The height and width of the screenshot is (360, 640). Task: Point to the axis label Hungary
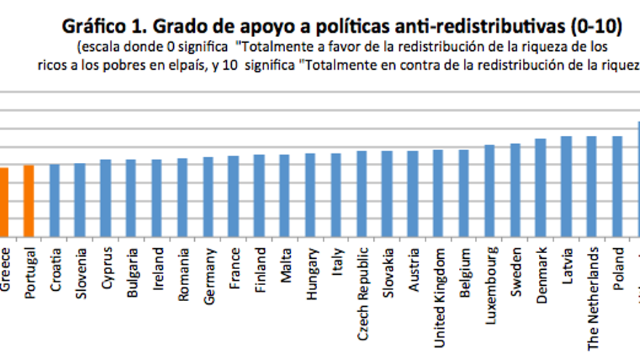pyautogui.click(x=311, y=273)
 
